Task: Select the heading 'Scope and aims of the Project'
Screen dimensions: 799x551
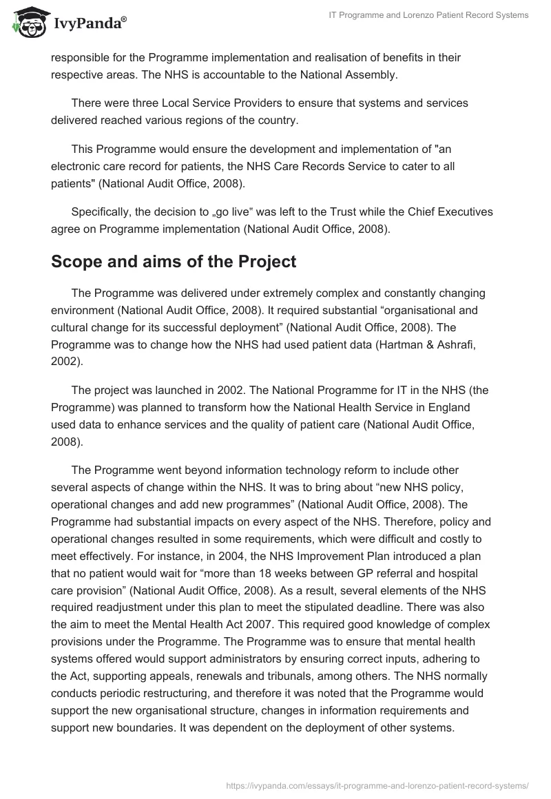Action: pos(174,262)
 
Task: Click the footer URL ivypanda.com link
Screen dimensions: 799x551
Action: pos(377,785)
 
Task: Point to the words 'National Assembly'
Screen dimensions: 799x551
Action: pos(352,74)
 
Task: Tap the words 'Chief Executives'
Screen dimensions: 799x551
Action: pos(452,212)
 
